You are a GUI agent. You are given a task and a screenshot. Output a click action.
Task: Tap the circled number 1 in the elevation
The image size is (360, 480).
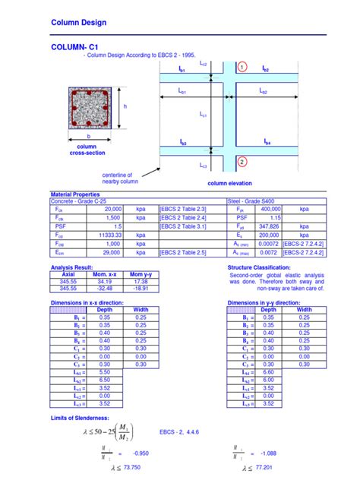(x=242, y=68)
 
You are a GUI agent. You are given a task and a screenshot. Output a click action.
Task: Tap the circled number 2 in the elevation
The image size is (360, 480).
(x=242, y=162)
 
